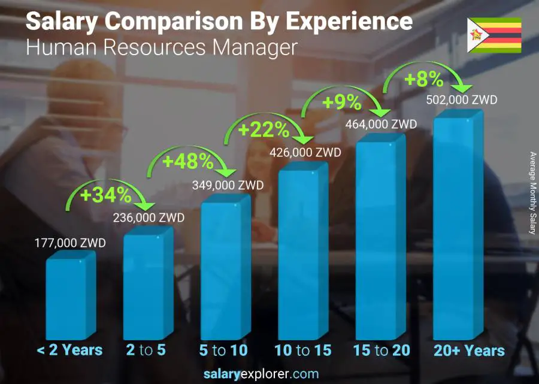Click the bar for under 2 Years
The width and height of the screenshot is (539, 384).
click(70, 296)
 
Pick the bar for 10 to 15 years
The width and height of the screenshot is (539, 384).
click(303, 253)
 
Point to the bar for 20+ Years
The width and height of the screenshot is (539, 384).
click(458, 228)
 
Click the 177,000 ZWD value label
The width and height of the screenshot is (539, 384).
click(71, 243)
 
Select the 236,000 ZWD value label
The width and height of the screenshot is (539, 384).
click(149, 217)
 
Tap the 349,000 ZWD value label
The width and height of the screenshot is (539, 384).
click(227, 185)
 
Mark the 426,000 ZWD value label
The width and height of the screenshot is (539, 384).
click(305, 152)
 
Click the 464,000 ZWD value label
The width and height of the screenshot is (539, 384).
click(381, 125)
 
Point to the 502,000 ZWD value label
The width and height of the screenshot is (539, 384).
click(461, 100)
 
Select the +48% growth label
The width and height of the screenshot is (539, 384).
click(187, 161)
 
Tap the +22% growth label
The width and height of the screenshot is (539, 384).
click(264, 130)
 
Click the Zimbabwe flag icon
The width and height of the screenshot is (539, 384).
click(494, 35)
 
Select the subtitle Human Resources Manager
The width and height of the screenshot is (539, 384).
click(161, 47)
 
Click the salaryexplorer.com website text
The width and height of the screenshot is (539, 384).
click(269, 374)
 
